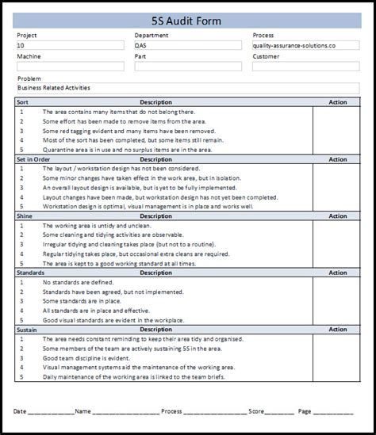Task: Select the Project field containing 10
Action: pyautogui.click(x=68, y=46)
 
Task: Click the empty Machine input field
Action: pyautogui.click(x=68, y=67)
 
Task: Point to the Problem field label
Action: pyautogui.click(x=29, y=78)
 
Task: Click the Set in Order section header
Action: pyautogui.click(x=33, y=159)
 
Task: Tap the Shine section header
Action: pyautogui.click(x=25, y=216)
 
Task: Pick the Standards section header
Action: pyautogui.click(x=30, y=272)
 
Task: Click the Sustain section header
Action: pyautogui.click(x=28, y=329)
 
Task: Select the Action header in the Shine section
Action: pyautogui.click(x=338, y=216)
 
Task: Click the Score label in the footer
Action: pyautogui.click(x=256, y=412)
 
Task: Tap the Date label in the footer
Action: pyautogui.click(x=20, y=412)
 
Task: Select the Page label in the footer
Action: pyautogui.click(x=305, y=412)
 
